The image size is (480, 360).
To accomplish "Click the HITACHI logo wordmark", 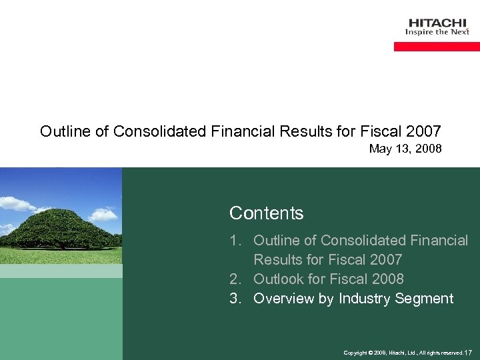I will click(x=437, y=22).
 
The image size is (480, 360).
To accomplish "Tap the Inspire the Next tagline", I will click(x=437, y=32).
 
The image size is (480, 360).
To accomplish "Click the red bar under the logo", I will click(x=437, y=47).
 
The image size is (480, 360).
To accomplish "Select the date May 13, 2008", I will click(x=405, y=149).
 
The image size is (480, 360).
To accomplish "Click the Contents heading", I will click(x=266, y=213).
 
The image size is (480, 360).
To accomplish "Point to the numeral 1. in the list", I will click(x=236, y=240).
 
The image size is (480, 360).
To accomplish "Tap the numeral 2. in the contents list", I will click(x=236, y=279).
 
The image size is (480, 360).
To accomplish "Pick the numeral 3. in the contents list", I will click(x=236, y=298).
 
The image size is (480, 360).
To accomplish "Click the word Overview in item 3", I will click(x=285, y=298).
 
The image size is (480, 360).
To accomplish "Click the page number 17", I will click(x=468, y=352).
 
